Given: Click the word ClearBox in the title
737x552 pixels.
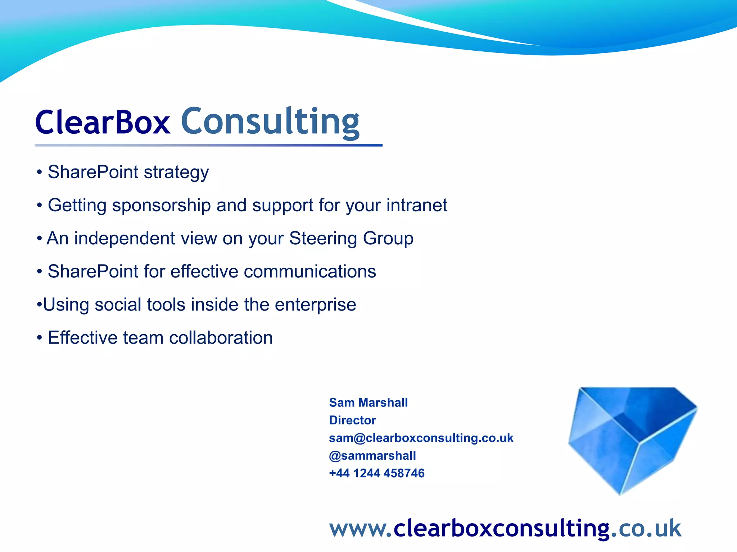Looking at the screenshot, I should [x=103, y=122].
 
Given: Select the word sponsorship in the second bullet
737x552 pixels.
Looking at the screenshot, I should [x=161, y=206].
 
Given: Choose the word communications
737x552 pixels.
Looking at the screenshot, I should [x=310, y=271].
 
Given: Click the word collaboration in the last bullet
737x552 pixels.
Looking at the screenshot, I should [x=221, y=338].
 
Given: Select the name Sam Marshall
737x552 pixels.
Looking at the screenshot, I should [x=368, y=402].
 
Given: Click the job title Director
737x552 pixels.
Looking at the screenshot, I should [x=352, y=420].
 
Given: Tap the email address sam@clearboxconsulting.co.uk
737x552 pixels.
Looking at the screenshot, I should [x=421, y=438].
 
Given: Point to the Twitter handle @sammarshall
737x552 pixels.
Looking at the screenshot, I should [x=372, y=456].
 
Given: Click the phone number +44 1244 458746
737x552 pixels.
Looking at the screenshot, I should [x=377, y=473].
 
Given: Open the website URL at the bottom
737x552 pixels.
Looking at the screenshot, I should [x=505, y=529].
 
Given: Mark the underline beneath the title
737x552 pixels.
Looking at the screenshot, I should [x=208, y=145].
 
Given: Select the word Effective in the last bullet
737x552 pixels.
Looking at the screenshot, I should [x=82, y=338].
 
